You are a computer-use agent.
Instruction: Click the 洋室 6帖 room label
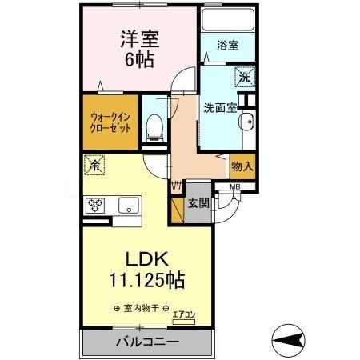[x=138, y=48]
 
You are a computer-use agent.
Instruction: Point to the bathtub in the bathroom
[x=227, y=19]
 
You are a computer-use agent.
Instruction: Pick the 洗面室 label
[x=218, y=107]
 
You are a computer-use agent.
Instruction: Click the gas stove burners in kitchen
[x=97, y=205]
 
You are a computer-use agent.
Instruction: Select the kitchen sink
[x=129, y=206]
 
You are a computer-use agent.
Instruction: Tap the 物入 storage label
[x=242, y=166]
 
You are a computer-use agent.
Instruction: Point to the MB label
[x=235, y=189]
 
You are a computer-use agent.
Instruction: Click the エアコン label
[x=184, y=314]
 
